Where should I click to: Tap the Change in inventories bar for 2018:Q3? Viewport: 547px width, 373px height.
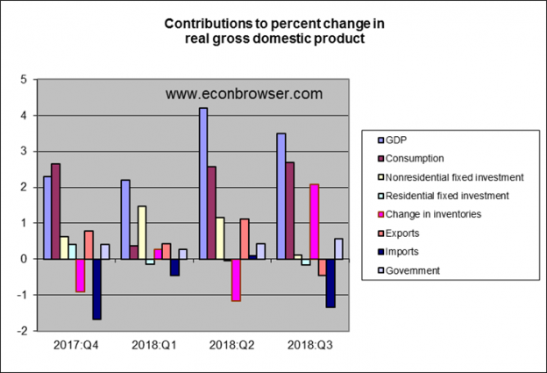coord(314,221)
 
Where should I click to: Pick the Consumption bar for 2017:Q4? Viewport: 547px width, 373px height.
coord(55,211)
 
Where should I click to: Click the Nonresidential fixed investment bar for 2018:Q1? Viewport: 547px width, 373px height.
coord(142,233)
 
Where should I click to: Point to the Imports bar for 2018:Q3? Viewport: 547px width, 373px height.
coord(330,283)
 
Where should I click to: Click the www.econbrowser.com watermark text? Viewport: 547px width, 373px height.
coord(243,93)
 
